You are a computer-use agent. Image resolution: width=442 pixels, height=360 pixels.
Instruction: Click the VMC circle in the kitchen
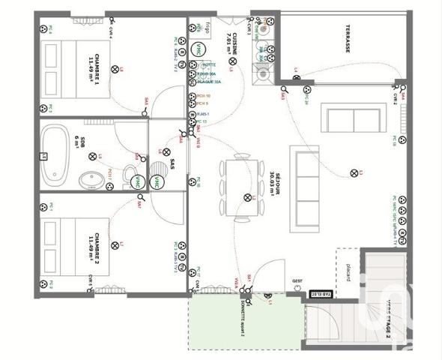pyautogui.click(x=198, y=49)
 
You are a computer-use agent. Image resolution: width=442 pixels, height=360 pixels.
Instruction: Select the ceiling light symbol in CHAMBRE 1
pyautogui.click(x=115, y=69)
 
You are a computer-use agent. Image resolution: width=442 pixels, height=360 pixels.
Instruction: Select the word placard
pyautogui.click(x=348, y=275)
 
